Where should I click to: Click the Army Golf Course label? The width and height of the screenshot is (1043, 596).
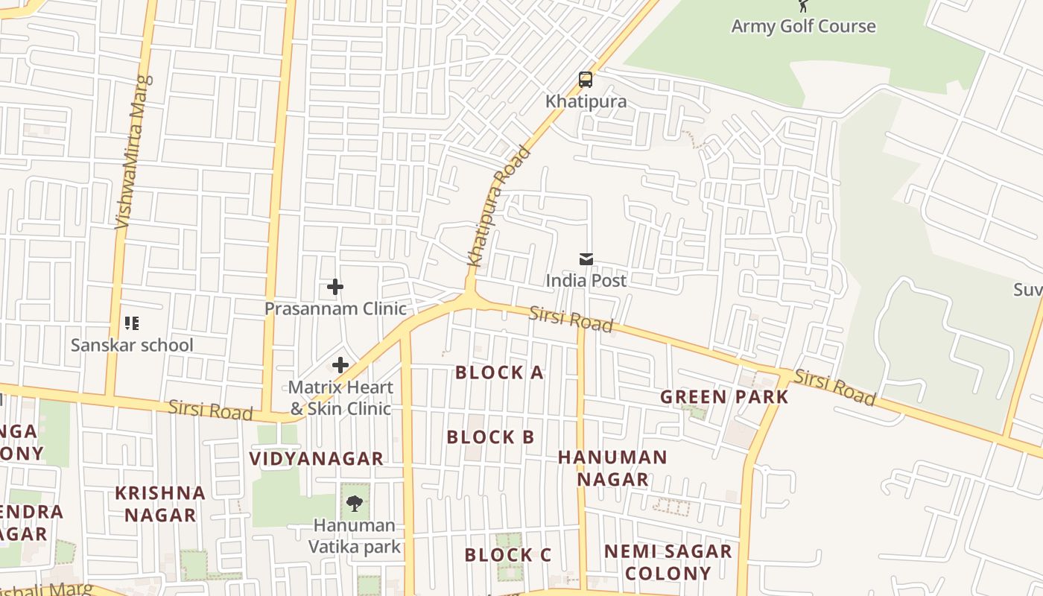(x=803, y=26)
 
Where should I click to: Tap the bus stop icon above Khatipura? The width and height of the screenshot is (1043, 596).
(x=586, y=80)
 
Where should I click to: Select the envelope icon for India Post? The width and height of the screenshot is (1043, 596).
(x=586, y=259)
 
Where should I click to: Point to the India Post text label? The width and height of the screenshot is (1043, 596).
(x=586, y=281)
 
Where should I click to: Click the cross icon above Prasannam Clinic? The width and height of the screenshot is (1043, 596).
(x=335, y=287)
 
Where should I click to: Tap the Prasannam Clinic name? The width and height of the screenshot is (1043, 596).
(x=335, y=308)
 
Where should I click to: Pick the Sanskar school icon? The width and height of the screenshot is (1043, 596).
(x=132, y=323)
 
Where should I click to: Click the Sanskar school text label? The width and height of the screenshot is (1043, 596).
(x=132, y=345)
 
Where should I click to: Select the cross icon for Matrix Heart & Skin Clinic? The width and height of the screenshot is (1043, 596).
(x=340, y=365)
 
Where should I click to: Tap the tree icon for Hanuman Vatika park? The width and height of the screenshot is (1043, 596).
(x=355, y=504)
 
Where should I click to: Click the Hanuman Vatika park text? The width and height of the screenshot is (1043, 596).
(x=355, y=536)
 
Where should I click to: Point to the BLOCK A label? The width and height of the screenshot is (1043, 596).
(x=499, y=372)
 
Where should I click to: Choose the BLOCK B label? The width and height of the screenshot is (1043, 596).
(x=490, y=437)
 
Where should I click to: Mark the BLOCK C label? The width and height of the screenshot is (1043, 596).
(x=507, y=555)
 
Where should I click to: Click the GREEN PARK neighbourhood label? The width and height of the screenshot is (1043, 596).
(x=724, y=397)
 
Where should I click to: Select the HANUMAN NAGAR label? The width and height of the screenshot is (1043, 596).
(x=612, y=468)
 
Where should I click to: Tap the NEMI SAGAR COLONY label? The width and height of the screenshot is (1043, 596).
(x=668, y=562)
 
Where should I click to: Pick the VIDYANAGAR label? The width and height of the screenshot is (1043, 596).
(x=316, y=459)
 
